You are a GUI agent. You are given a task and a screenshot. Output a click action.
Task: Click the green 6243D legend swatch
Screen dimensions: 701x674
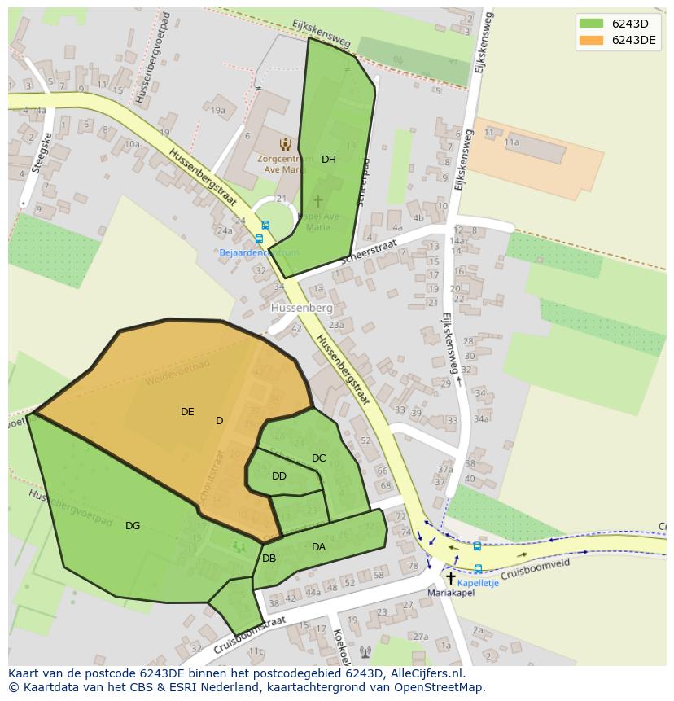[x=592, y=24]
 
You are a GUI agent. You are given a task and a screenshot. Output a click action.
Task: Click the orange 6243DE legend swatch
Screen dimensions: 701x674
[x=592, y=40]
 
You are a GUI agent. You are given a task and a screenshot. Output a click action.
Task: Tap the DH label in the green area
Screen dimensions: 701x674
[x=328, y=160]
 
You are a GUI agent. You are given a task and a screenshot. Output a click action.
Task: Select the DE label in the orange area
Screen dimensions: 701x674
[x=187, y=412]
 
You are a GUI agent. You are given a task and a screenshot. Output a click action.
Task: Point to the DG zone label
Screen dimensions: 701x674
[x=133, y=526]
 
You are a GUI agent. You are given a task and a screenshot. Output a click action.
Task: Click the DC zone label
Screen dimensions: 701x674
[x=318, y=458]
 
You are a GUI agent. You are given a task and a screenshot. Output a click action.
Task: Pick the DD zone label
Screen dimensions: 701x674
[x=279, y=476]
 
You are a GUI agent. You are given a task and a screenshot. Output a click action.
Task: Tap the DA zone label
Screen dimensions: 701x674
[x=318, y=547]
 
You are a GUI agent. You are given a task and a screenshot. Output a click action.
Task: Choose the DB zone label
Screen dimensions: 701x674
[x=269, y=559]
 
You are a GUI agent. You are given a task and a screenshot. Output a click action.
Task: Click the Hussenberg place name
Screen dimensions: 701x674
[x=302, y=309]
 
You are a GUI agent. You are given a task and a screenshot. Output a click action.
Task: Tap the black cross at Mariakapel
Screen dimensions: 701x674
[x=451, y=577]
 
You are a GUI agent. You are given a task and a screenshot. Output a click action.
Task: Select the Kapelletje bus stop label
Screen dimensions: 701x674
[x=478, y=583]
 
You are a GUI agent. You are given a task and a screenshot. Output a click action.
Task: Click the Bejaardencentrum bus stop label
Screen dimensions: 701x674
[x=259, y=252]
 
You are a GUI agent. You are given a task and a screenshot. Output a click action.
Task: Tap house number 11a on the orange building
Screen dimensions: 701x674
[x=511, y=142]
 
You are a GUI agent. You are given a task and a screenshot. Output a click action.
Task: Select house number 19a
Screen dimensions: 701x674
[x=217, y=111]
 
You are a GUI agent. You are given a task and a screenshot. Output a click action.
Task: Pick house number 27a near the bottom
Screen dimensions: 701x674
[x=420, y=637]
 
